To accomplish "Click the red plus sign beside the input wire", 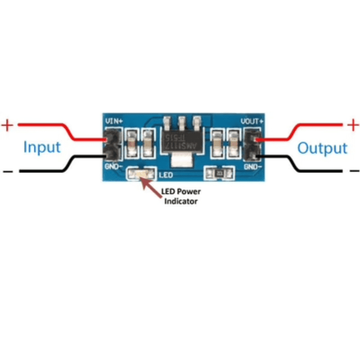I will point(7,124).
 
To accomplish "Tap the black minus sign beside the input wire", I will point(8,172).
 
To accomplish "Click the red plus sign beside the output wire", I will point(353,124).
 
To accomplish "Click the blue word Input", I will point(42,147).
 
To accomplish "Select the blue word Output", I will point(322,148).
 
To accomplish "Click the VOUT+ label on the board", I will point(251,121).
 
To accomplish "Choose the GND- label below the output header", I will point(253,165).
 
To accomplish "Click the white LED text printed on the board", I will point(165,175).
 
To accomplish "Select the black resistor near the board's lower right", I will point(218,173).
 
